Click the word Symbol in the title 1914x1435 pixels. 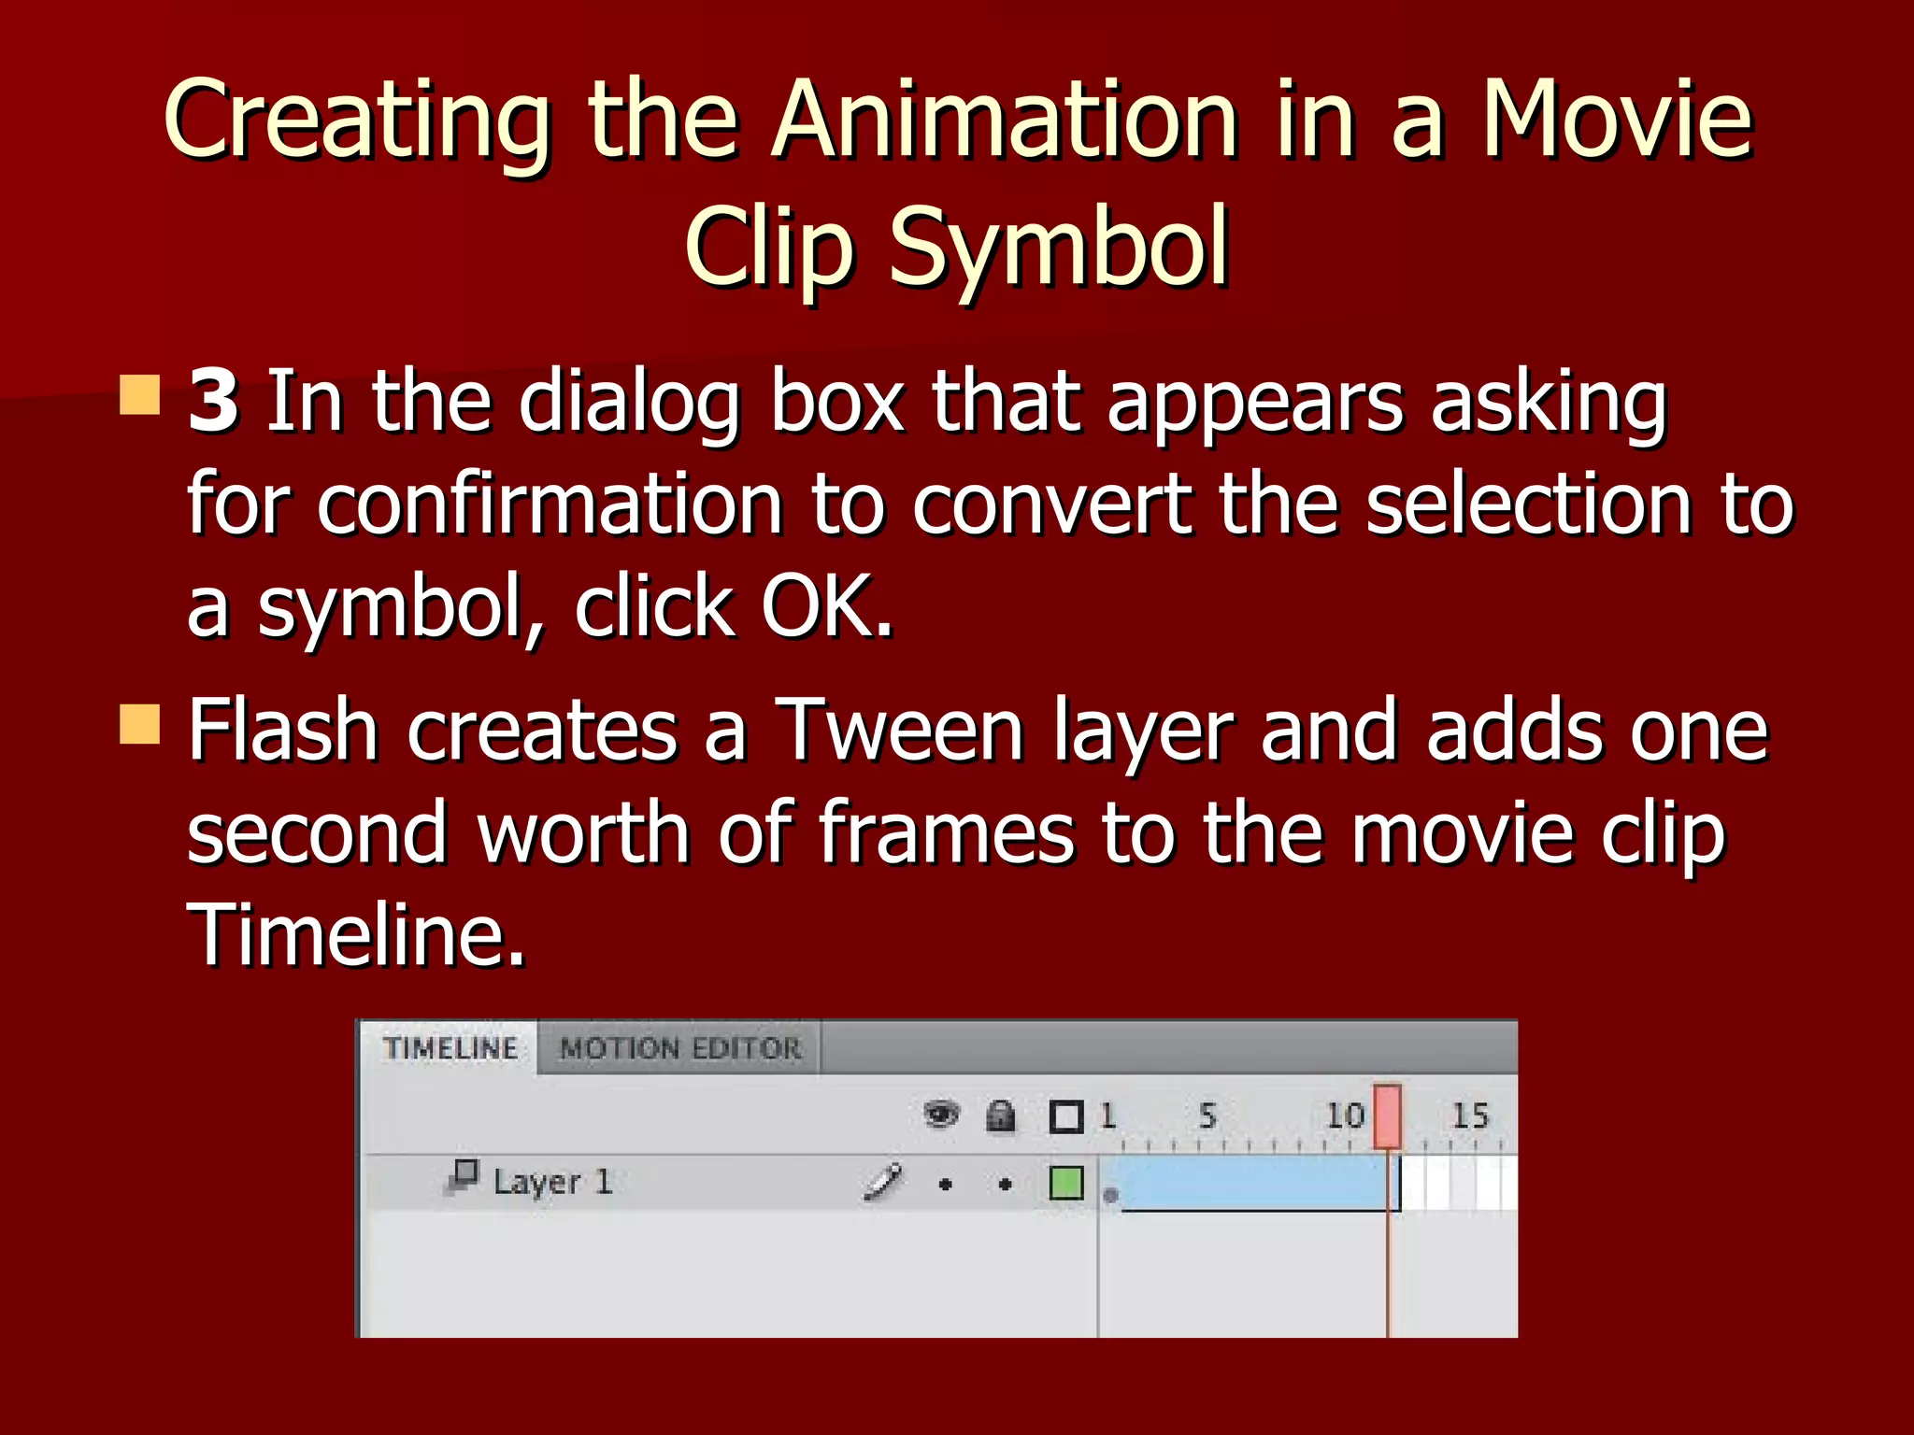[1058, 248]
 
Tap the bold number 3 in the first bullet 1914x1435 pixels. [213, 402]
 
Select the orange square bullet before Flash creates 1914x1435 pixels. [140, 724]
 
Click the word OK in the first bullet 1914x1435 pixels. [826, 607]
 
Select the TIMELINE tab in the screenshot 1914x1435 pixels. [450, 1049]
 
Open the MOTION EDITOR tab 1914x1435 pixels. [680, 1049]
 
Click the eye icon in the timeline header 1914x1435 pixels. [941, 1115]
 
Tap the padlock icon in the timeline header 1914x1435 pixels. [1001, 1115]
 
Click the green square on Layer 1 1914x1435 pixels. [1066, 1183]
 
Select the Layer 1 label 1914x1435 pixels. [551, 1183]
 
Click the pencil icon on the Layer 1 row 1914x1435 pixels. [882, 1182]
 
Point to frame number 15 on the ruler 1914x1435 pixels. [1469, 1115]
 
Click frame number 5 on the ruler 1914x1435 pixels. [1207, 1115]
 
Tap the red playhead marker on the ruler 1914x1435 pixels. [1387, 1116]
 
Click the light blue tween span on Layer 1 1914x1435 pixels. [1252, 1183]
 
